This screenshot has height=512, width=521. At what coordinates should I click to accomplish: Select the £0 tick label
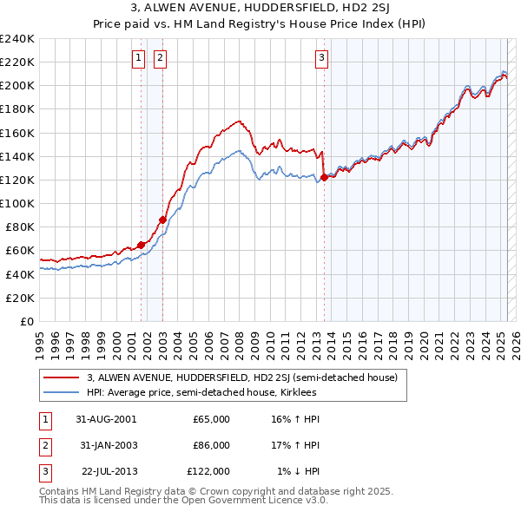pyautogui.click(x=27, y=321)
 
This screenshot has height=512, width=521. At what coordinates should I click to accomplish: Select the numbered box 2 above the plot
pyautogui.click(x=162, y=58)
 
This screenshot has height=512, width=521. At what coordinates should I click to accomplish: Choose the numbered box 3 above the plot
pyautogui.click(x=321, y=58)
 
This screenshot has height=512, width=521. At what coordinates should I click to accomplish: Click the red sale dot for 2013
pyautogui.click(x=324, y=177)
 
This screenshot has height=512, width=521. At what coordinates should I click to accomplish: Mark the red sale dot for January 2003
pyautogui.click(x=162, y=220)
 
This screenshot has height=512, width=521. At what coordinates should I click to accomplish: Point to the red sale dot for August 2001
pyautogui.click(x=141, y=245)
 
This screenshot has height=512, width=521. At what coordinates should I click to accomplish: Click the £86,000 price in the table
pyautogui.click(x=211, y=445)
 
